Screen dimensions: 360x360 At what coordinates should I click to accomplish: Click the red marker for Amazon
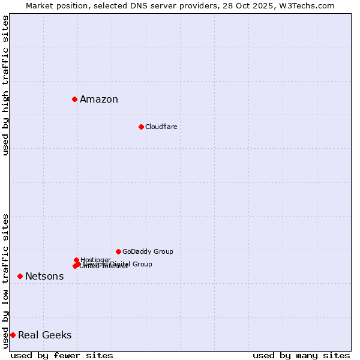(x=74, y=99)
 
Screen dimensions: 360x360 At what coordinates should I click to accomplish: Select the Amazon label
(x=99, y=100)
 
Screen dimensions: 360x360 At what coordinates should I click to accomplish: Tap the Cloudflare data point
(x=141, y=127)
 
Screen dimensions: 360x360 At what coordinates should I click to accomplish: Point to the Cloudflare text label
(x=161, y=127)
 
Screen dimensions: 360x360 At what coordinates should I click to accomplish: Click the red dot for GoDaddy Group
(x=118, y=251)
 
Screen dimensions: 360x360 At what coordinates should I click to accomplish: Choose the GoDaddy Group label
(x=148, y=252)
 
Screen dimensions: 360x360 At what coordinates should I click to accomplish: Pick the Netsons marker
(x=20, y=276)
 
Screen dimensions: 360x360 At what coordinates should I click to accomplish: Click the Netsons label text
(x=44, y=277)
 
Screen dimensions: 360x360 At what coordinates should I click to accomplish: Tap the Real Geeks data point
(x=13, y=335)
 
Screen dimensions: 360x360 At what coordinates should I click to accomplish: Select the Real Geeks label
(x=45, y=335)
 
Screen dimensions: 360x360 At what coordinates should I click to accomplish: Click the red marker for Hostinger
(x=76, y=260)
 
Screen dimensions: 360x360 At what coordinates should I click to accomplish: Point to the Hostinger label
(x=95, y=260)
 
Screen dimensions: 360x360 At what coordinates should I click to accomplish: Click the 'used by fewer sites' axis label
(x=62, y=355)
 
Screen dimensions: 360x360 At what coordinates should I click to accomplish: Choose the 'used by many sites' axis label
(x=301, y=355)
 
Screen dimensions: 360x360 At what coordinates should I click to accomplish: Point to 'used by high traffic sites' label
(x=5, y=85)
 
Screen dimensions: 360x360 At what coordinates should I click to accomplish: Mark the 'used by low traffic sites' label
(x=5, y=281)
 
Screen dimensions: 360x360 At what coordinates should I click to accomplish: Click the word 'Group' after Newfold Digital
(x=142, y=264)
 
